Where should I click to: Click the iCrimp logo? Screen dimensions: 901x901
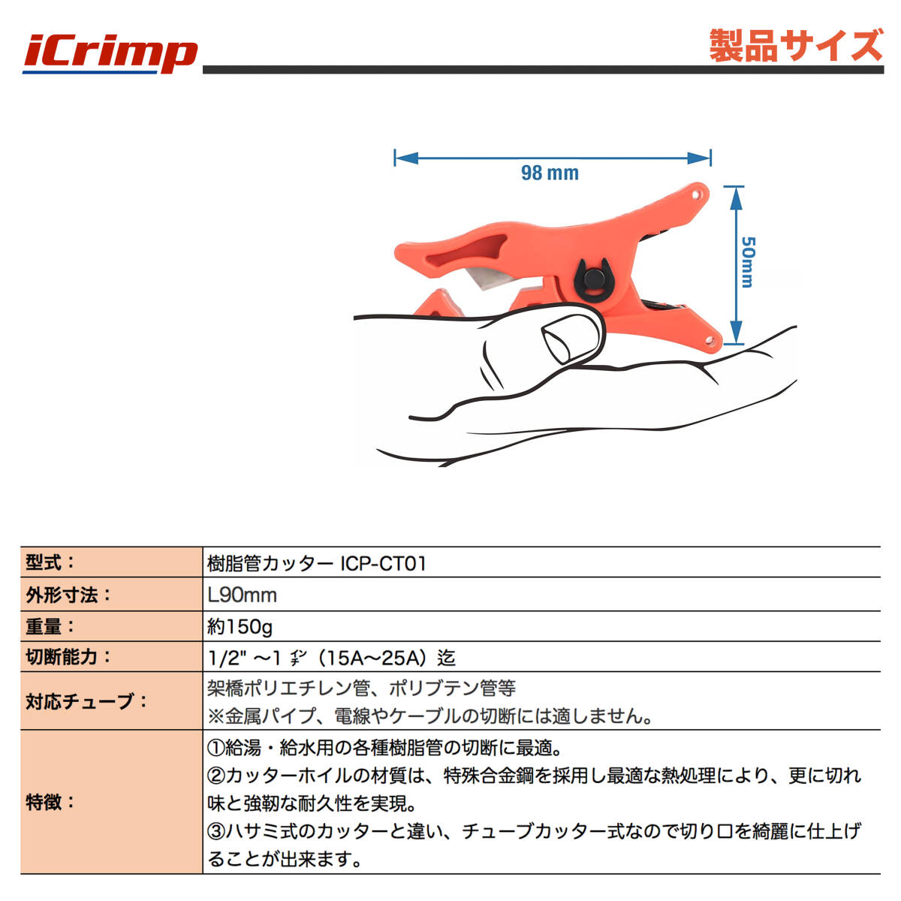tap(110, 55)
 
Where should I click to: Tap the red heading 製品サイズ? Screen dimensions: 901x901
tap(796, 45)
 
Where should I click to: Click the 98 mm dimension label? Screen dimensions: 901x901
tap(550, 173)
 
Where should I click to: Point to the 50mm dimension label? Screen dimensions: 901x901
tap(748, 262)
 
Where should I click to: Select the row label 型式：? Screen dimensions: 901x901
tap(50, 562)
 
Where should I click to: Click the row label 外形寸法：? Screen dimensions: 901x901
tap(68, 595)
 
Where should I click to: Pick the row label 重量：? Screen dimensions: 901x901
tap(50, 626)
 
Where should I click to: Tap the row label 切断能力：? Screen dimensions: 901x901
tap(68, 657)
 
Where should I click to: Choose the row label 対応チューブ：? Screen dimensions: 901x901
tap(86, 701)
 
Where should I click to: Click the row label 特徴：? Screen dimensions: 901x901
tap(50, 803)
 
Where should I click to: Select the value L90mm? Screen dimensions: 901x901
tap(243, 595)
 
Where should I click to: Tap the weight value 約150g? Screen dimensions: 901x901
tap(240, 627)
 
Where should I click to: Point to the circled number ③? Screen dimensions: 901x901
tap(216, 831)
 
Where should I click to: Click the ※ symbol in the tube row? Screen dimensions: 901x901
tap(216, 716)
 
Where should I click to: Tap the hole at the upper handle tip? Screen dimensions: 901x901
tap(698, 193)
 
